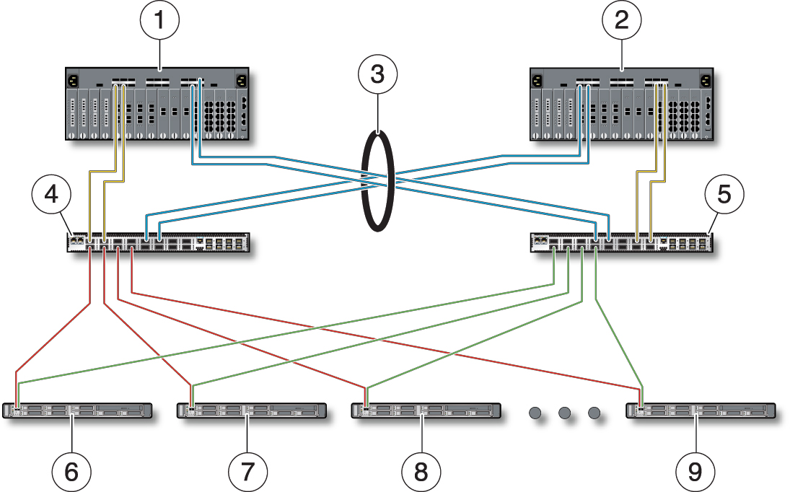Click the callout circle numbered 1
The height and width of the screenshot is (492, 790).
[x=159, y=20]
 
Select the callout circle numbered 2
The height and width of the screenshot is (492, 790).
[x=622, y=20]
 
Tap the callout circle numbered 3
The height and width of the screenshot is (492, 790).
[x=377, y=74]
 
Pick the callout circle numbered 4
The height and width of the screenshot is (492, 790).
[x=51, y=194]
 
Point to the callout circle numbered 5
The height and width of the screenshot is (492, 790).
[x=724, y=194]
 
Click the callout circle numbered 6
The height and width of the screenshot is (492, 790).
[x=71, y=472]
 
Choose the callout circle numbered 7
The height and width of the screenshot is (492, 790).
[x=247, y=472]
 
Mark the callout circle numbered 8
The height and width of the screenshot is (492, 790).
[x=421, y=472]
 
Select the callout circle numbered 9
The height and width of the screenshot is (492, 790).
[x=695, y=472]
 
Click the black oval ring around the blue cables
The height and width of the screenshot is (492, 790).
[x=364, y=181]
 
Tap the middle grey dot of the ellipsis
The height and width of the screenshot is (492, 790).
[x=564, y=413]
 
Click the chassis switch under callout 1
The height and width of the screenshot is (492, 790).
[x=157, y=104]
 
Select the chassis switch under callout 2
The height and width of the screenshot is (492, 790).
[x=622, y=104]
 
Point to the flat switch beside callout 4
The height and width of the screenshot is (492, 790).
[x=158, y=242]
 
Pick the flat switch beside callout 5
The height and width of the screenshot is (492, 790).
[x=622, y=242]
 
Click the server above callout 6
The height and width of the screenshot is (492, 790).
[x=77, y=410]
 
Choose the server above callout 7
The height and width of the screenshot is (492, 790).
[x=252, y=410]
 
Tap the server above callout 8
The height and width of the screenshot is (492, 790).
[x=426, y=410]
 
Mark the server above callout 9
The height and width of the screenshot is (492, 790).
[x=701, y=410]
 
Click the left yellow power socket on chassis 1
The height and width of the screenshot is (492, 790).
[x=72, y=81]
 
